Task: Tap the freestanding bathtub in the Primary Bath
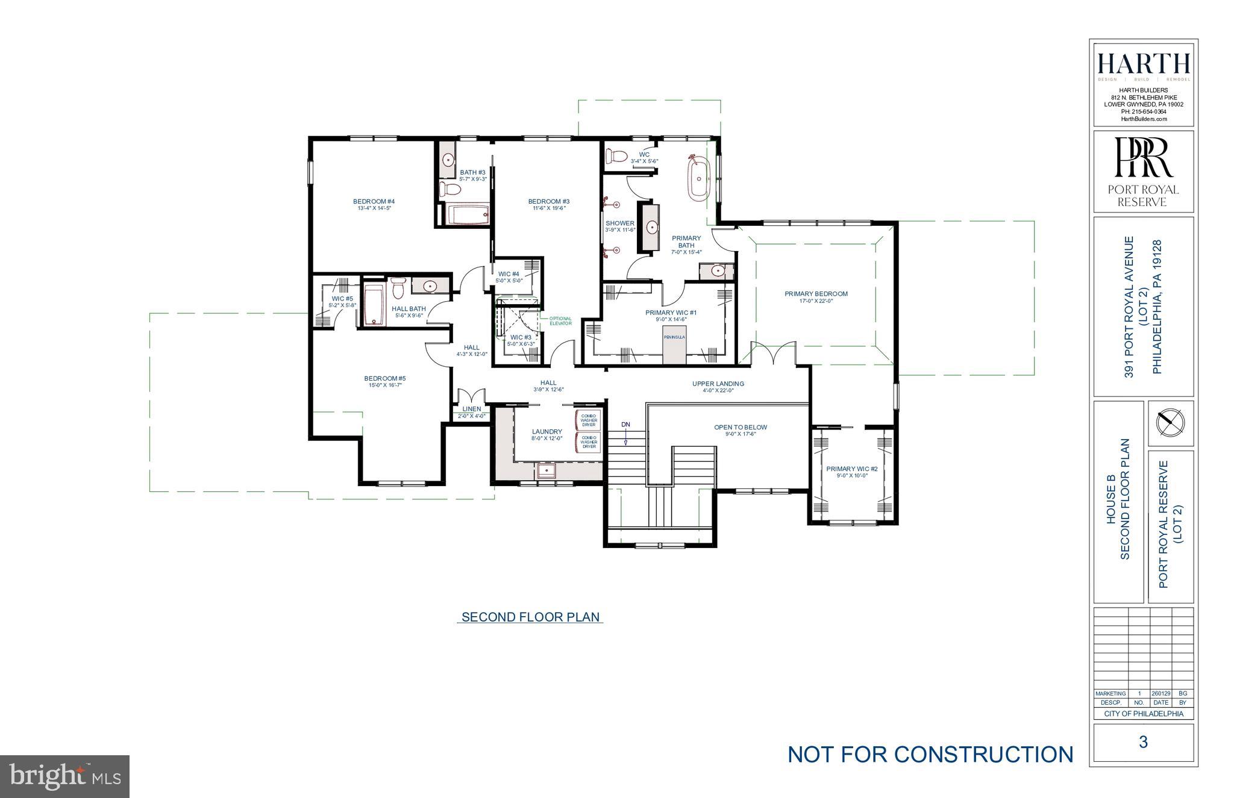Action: (x=699, y=178)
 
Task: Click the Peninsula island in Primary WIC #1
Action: (x=674, y=346)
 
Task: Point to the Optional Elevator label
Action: (x=560, y=321)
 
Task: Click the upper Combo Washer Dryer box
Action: (x=589, y=420)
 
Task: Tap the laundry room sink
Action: (x=547, y=470)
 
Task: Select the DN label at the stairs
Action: (x=626, y=425)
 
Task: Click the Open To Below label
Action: (x=741, y=427)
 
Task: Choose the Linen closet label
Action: (x=472, y=410)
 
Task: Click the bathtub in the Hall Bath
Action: (x=374, y=305)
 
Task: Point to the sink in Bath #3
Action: (x=448, y=160)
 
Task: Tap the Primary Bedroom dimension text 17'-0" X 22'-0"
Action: (x=816, y=301)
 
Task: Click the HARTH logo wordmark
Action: (x=1143, y=64)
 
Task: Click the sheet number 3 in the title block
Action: (x=1143, y=742)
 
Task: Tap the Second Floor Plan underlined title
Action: (x=530, y=617)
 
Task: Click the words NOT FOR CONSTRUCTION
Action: (x=930, y=754)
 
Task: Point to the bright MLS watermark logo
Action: (x=65, y=777)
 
